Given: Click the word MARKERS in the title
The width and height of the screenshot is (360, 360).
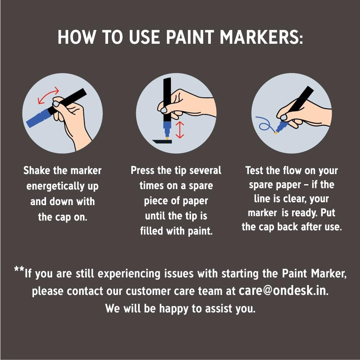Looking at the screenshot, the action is coord(261,37).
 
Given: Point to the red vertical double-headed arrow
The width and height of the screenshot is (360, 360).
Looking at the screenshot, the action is coord(180,130).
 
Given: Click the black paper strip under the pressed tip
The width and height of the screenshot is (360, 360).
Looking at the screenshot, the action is coord(162,142).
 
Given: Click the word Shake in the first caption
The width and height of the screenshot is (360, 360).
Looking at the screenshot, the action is coord(37,170).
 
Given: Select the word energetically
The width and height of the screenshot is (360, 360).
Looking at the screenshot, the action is coord(55,186).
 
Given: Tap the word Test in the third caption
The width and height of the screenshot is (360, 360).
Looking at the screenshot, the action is coord(254,170).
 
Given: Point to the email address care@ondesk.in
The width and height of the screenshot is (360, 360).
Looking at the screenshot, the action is coord(284,290).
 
